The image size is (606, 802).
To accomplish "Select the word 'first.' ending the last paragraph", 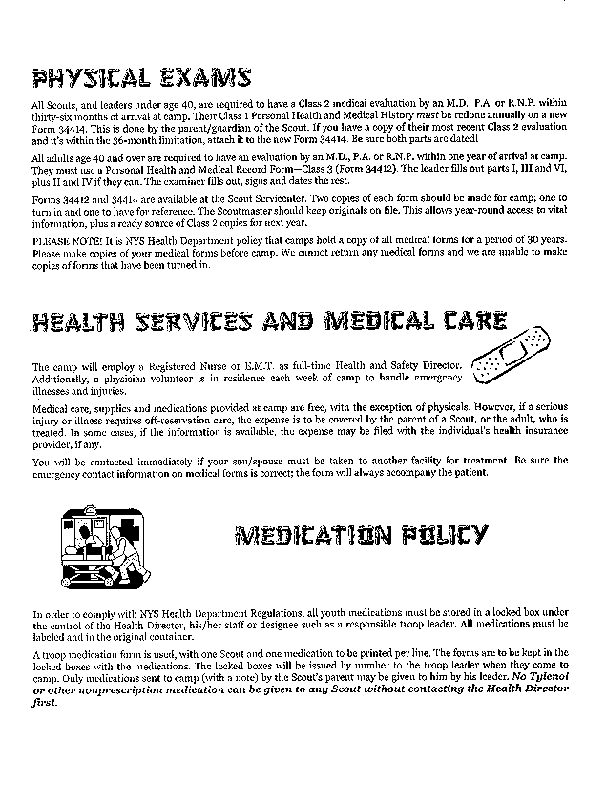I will pos(44,701).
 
